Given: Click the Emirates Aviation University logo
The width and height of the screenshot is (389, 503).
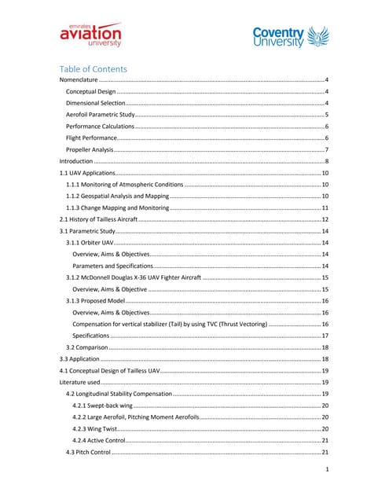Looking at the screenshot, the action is [90, 34].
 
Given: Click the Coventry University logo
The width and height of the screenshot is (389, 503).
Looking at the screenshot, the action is [287, 36].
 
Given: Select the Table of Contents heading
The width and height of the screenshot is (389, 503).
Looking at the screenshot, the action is [94, 68].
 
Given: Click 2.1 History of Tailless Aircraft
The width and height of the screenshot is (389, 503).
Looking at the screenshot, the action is [98, 218].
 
